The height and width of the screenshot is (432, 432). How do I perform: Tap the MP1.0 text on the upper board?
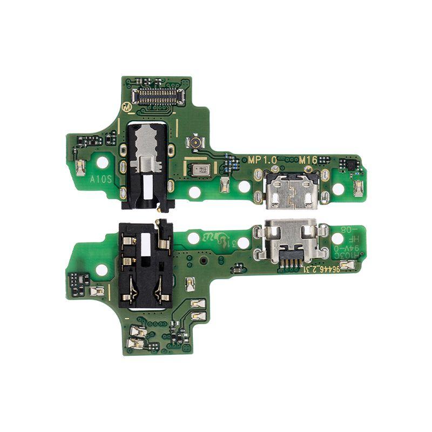tap(262, 160)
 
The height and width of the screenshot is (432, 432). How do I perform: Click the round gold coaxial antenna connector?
tap(193, 143)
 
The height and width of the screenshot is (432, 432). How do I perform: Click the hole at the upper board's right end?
tap(338, 189)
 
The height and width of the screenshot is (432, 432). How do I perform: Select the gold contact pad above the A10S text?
tap(80, 168)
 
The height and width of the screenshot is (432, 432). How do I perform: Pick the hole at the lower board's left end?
tap(100, 267)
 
